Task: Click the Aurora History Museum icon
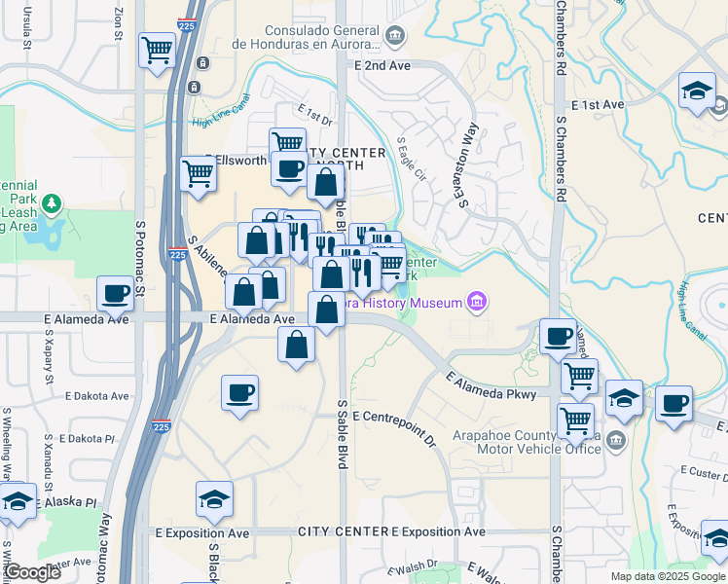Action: pos(476,303)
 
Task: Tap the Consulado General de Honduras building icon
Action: pos(395,38)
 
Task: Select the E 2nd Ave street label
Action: pos(383,65)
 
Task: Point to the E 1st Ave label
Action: pos(598,104)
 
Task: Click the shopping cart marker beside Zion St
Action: pos(156,49)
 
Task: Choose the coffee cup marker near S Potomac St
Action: pos(115,293)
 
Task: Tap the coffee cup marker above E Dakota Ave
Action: pos(239,392)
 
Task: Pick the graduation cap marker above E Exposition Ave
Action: pos(214,498)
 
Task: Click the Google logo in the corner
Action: pos(31,572)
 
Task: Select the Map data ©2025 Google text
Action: pos(667,576)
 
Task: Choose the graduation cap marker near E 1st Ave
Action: pos(697,91)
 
